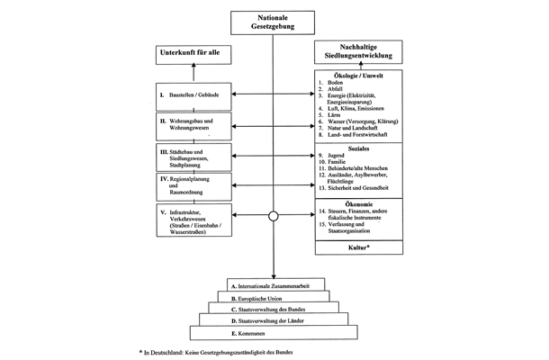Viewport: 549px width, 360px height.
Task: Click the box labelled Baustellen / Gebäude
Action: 191,93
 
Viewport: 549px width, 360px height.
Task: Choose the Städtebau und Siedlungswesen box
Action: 191,157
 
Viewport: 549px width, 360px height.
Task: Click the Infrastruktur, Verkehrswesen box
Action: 191,220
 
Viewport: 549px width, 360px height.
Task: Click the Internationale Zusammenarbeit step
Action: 274,284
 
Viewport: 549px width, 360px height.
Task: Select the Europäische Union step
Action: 274,297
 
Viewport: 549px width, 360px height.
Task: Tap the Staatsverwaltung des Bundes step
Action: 274,310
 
